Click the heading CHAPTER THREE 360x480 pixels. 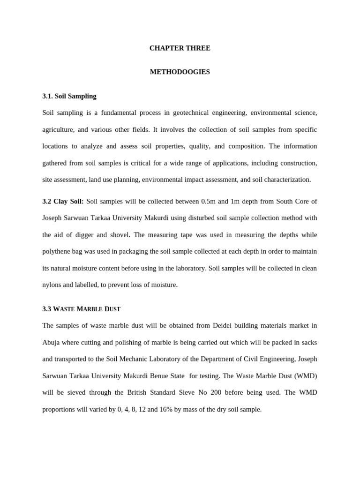180,48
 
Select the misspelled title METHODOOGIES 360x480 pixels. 180,72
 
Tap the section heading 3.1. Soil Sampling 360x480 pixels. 69,96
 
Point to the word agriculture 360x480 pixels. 59,129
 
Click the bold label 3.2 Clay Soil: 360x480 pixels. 63,202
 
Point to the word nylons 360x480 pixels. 52,285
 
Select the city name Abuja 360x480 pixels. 51,342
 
